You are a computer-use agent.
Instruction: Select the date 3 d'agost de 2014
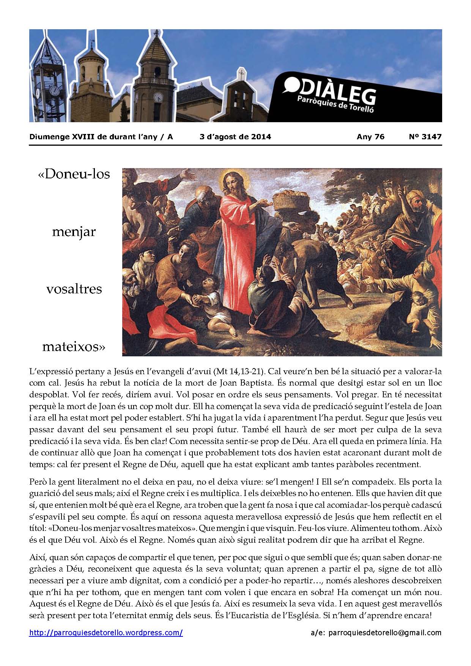click(x=235, y=137)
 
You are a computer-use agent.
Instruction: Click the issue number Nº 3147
click(x=423, y=137)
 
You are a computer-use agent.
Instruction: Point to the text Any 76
click(x=370, y=137)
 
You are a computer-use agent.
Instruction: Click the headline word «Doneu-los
click(x=74, y=174)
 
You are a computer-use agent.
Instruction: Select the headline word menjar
click(x=74, y=231)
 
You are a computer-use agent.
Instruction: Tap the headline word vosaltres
click(x=74, y=289)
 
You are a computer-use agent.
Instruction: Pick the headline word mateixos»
click(x=74, y=346)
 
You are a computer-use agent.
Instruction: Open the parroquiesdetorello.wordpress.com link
click(x=106, y=633)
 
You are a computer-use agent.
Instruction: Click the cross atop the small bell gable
click(x=240, y=72)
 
